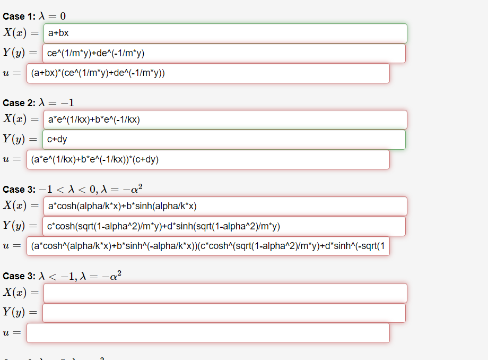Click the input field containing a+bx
[225, 33]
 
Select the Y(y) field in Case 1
[224, 53]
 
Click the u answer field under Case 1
[208, 73]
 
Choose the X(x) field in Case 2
[225, 119]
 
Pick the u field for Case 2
[208, 159]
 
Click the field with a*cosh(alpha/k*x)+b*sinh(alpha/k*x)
[225, 206]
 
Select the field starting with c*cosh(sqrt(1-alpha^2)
[224, 226]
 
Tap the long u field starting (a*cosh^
[208, 246]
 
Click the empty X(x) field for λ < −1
[225, 293]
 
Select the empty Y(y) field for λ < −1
[224, 313]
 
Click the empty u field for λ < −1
[208, 333]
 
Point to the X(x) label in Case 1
[15, 33]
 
